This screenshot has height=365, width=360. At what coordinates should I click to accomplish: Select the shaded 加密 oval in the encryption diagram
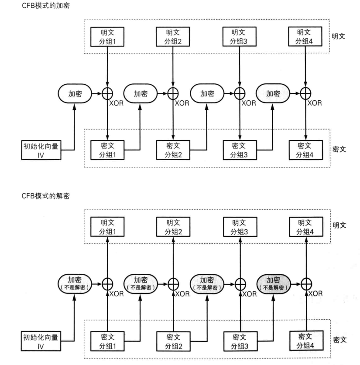[x=273, y=93]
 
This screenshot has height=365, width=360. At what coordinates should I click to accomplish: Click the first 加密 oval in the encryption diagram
[x=75, y=93]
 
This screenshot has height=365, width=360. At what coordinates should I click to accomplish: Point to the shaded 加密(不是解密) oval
[x=273, y=284]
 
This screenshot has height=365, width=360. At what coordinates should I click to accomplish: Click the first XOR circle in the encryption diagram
[x=107, y=93]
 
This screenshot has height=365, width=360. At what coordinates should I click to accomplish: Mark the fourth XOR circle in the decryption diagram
[x=305, y=284]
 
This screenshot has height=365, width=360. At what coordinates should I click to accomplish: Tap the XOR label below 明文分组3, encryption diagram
[x=249, y=103]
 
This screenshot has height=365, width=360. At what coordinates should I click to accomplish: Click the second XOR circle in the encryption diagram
[x=173, y=93]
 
